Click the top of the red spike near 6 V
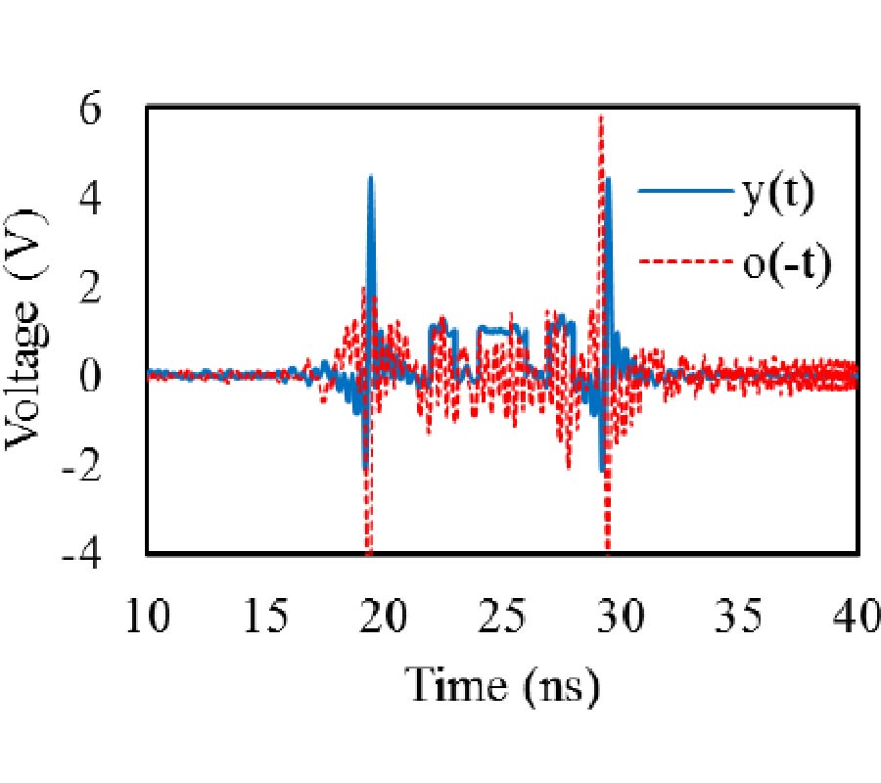click(x=601, y=116)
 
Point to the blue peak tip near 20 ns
click(x=371, y=177)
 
